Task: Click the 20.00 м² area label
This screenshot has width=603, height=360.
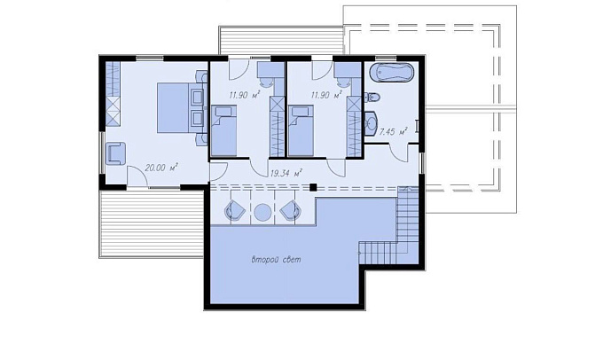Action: [161, 168]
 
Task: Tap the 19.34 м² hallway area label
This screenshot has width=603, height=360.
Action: [286, 173]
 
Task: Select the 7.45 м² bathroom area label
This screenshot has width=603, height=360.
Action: [393, 132]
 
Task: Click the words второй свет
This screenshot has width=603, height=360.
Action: [276, 260]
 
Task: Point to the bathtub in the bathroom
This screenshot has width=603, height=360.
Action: [392, 73]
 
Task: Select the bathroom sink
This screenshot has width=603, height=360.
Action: [371, 123]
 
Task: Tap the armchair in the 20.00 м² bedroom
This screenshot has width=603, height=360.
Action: [115, 153]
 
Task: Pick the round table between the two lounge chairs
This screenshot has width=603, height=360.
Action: [262, 212]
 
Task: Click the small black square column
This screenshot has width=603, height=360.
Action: [313, 187]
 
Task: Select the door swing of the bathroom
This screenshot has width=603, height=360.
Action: [398, 153]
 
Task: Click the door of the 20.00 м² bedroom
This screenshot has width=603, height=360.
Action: [137, 176]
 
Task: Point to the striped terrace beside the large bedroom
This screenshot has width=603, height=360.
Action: [151, 223]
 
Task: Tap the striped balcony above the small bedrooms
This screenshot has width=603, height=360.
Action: [281, 41]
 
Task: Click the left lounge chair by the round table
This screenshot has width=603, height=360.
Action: [234, 211]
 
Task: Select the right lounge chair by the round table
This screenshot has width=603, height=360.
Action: [291, 211]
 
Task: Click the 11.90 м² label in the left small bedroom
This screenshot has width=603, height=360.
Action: [245, 95]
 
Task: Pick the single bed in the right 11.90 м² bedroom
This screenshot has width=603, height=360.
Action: [301, 131]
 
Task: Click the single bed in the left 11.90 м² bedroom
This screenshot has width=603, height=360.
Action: [223, 131]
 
